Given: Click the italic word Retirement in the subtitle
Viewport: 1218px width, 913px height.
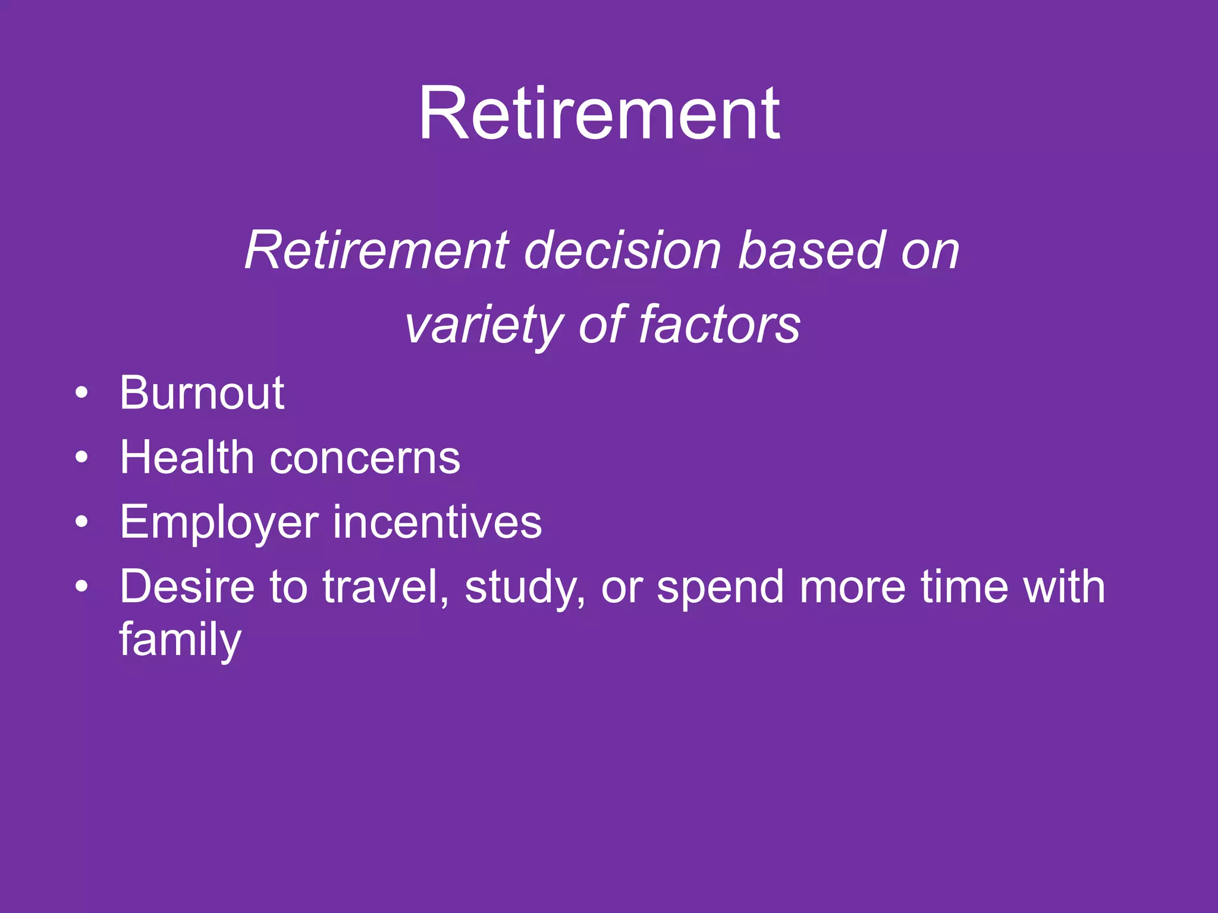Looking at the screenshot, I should (x=377, y=251).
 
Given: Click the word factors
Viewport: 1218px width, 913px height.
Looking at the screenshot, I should (x=720, y=325).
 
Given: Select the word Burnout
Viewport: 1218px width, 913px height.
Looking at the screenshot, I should (x=202, y=393).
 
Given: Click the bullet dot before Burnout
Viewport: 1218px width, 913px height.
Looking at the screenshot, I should (x=82, y=393).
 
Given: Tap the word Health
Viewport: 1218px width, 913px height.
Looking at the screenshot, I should (x=187, y=458).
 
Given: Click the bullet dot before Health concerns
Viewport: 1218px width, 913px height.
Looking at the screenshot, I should (x=82, y=457).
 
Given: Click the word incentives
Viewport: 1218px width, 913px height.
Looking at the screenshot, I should (x=437, y=522).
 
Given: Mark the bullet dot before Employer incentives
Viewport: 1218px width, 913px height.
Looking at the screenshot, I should (x=82, y=522).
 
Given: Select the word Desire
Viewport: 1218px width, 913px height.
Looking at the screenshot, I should (x=187, y=587).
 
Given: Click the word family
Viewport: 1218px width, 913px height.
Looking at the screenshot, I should (x=180, y=640).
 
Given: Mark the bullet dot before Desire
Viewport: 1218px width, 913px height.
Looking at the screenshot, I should (x=82, y=587).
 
